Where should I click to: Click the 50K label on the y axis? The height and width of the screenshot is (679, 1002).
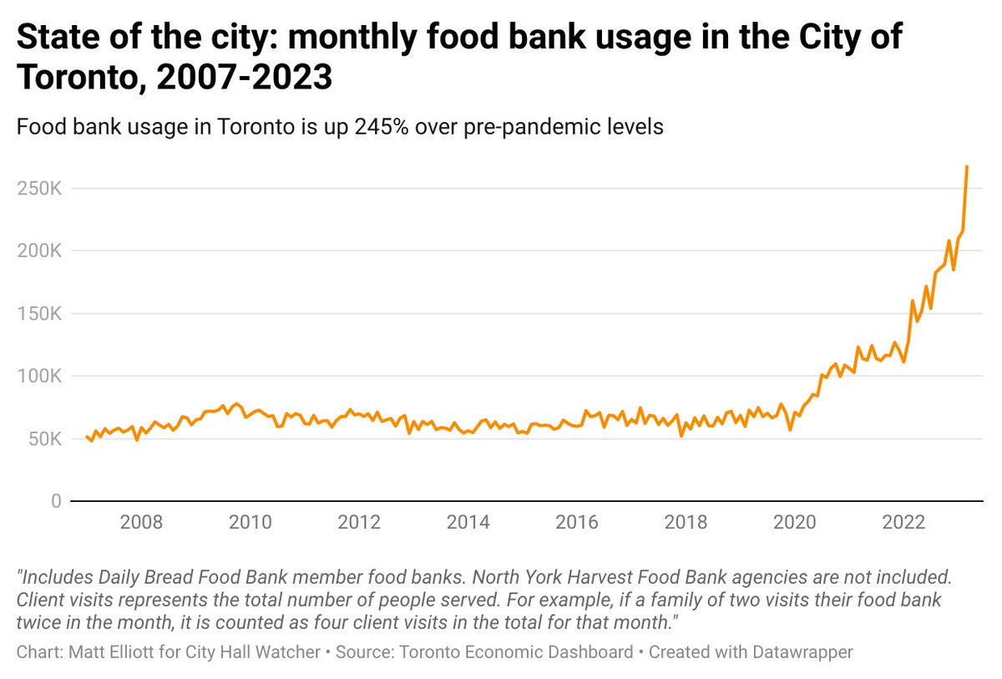(x=43, y=439)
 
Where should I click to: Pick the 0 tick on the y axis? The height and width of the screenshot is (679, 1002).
(x=56, y=501)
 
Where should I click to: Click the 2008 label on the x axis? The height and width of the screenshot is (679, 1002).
(x=141, y=523)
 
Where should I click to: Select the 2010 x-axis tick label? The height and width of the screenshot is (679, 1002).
(x=250, y=523)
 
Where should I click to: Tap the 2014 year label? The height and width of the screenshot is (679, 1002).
(x=468, y=523)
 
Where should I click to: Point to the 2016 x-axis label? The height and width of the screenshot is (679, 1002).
(x=577, y=523)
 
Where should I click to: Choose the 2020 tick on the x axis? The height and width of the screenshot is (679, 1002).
(x=795, y=523)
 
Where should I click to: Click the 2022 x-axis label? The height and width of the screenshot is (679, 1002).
(x=903, y=523)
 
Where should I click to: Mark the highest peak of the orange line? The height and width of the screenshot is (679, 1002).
(x=967, y=167)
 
